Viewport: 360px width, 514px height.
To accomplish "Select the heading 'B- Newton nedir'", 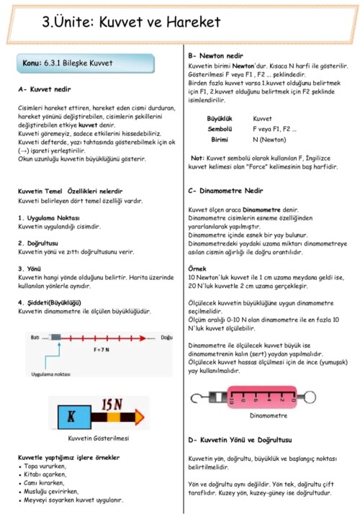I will (215, 55).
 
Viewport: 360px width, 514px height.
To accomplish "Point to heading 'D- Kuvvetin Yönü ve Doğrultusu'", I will (239, 439).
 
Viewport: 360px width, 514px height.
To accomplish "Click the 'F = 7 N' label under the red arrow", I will (104, 349).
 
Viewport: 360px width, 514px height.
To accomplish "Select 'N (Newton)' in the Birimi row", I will (270, 140).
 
